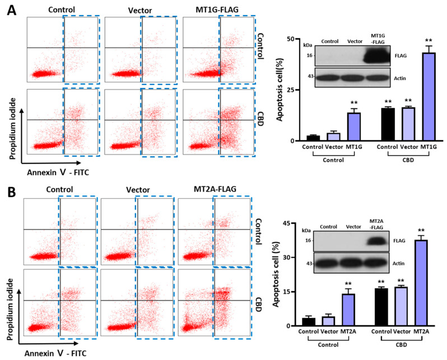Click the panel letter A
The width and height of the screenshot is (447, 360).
click(x=10, y=10)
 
